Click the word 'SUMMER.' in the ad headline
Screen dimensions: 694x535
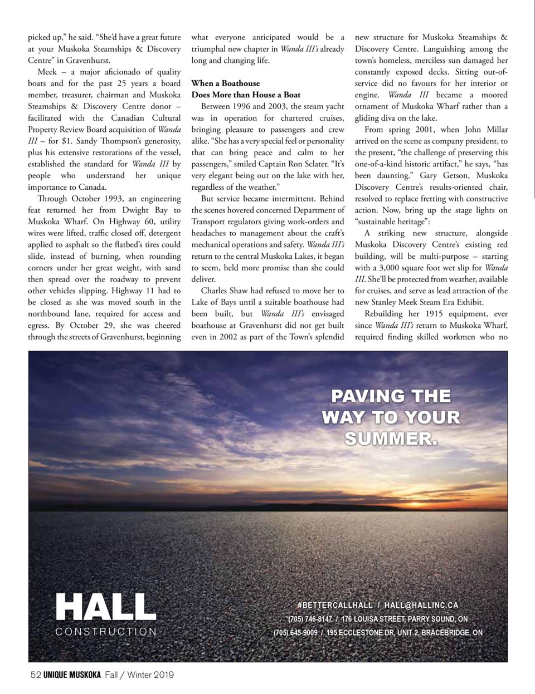click(391, 439)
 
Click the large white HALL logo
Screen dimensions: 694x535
click(105, 606)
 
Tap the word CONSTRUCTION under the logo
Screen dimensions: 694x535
click(106, 632)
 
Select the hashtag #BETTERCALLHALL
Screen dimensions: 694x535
click(334, 606)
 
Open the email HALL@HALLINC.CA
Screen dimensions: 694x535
click(421, 606)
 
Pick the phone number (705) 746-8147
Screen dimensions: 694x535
click(310, 619)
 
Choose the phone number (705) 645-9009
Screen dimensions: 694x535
click(295, 633)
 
